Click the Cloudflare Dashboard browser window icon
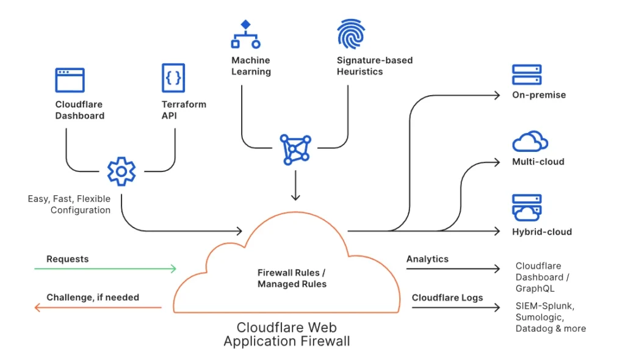70,80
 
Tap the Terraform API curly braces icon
173,78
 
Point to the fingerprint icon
351,34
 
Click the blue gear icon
121,171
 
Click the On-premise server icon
527,75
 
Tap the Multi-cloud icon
529,142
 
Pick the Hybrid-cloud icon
527,207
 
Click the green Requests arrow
105,268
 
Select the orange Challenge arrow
98,308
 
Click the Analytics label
427,259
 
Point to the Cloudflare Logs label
447,298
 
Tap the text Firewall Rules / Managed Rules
292,278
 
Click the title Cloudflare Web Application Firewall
287,334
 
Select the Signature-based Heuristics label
374,66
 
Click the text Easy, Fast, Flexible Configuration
69,204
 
